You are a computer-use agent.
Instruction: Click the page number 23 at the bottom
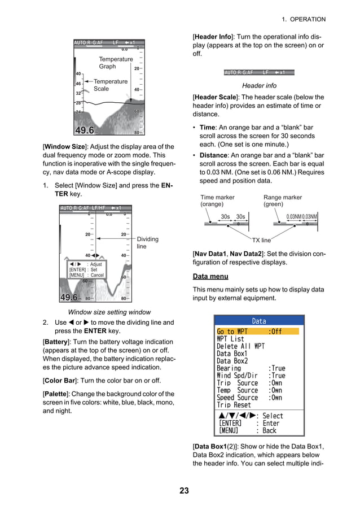185,490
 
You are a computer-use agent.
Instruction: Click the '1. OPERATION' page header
304,19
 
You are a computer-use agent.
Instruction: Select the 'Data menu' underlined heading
210,277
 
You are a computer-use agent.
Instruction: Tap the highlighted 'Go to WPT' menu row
257,332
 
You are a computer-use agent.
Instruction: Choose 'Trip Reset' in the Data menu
234,405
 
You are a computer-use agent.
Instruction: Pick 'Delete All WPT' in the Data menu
240,346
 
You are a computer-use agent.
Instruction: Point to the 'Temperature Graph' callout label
116,63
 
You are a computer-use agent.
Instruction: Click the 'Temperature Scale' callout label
110,85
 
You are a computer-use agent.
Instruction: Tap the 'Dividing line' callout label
148,243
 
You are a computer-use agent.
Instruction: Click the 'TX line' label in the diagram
261,240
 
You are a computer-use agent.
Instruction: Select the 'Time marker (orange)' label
217,201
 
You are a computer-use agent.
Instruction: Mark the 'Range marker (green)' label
282,201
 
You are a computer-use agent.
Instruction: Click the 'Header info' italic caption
259,86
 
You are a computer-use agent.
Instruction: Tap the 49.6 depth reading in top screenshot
88,132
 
